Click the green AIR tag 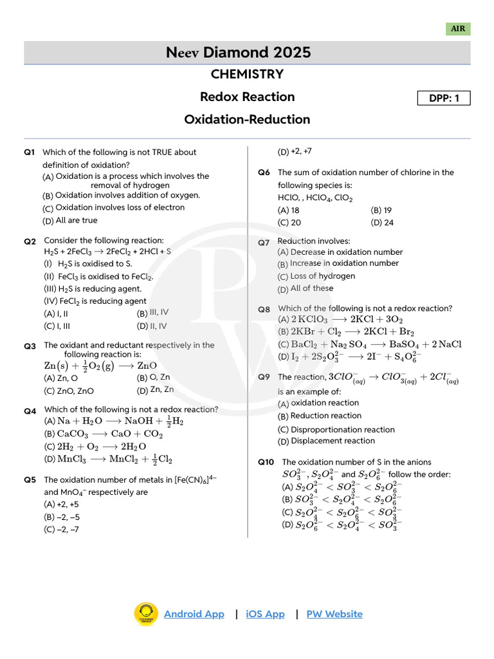coord(458,29)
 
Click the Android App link coord(194,614)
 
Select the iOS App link coord(265,614)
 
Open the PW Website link coord(334,614)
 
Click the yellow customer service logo coord(146,615)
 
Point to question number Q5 coord(30,480)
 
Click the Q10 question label coord(266,462)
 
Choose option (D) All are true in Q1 coord(70,221)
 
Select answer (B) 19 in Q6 coord(381,210)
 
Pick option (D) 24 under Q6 coord(382,223)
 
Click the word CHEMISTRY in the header coord(247,74)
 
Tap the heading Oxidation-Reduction coord(247,119)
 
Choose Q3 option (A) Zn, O coord(61,378)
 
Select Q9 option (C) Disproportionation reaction coord(336,429)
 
